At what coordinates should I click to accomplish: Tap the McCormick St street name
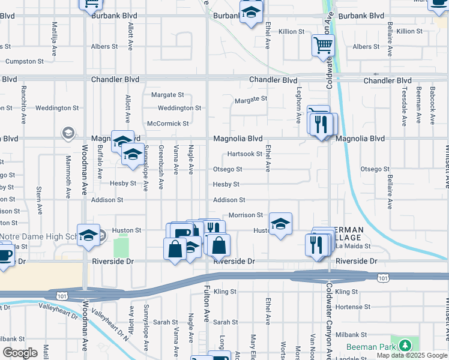pyautogui.click(x=168, y=124)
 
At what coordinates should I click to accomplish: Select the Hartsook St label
pyautogui.click(x=244, y=154)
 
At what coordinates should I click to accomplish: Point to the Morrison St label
pyautogui.click(x=246, y=215)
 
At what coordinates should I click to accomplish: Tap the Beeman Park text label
pyautogui.click(x=370, y=347)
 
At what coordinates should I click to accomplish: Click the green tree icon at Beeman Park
pyautogui.click(x=406, y=346)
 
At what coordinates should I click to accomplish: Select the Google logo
pyautogui.click(x=20, y=353)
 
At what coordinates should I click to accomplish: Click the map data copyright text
pyautogui.click(x=412, y=355)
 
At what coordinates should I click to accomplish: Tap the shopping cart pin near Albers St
pyautogui.click(x=323, y=45)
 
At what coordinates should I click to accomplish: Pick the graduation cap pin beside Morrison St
pyautogui.click(x=280, y=224)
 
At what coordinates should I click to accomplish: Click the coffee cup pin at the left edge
pyautogui.click(x=5, y=254)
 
